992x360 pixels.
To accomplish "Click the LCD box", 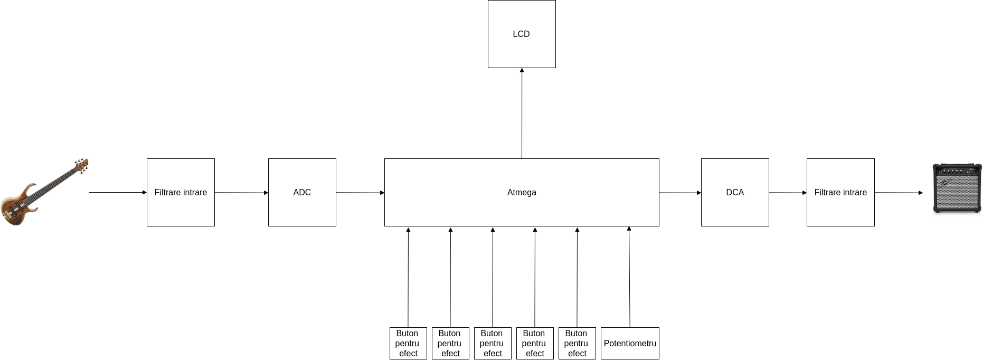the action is click(x=522, y=34).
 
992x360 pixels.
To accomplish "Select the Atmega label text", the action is click(x=522, y=193).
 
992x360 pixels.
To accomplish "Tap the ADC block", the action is click(x=302, y=193).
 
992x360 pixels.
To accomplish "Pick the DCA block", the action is click(x=735, y=193).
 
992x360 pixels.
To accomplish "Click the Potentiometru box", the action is click(x=630, y=343).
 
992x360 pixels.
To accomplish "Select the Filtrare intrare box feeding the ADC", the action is click(x=181, y=193).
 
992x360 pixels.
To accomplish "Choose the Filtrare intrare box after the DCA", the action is click(x=840, y=193).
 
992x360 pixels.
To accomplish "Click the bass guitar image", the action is click(x=44, y=192).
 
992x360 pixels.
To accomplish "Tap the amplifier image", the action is click(x=957, y=188).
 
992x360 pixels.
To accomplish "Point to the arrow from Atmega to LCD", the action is click(x=522, y=113).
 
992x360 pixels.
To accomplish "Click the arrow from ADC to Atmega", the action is click(x=360, y=193).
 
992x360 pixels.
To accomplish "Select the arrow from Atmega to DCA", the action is click(x=680, y=193).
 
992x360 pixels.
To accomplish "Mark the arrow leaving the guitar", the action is click(x=118, y=193).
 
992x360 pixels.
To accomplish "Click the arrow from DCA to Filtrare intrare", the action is click(x=788, y=193).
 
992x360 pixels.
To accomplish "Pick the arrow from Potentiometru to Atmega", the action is click(x=629, y=277).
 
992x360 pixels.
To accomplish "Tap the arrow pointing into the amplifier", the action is click(x=899, y=193).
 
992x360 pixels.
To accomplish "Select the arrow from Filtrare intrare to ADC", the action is click(x=241, y=193).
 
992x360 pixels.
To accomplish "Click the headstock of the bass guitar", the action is click(x=81, y=166).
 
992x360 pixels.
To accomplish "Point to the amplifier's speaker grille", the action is click(x=957, y=192).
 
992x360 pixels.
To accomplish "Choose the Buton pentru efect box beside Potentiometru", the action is click(x=577, y=343).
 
